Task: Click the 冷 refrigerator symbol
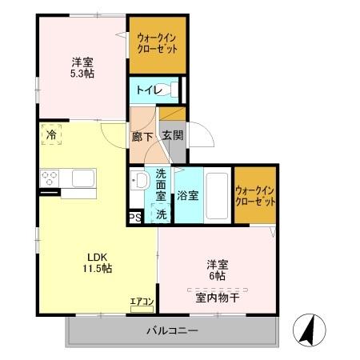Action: pos(50,134)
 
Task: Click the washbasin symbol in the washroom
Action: pos(137,181)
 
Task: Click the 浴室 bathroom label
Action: pos(188,195)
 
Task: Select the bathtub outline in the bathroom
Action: pos(217,195)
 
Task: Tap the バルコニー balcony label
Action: pos(171,331)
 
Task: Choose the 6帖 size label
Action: pos(215,275)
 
